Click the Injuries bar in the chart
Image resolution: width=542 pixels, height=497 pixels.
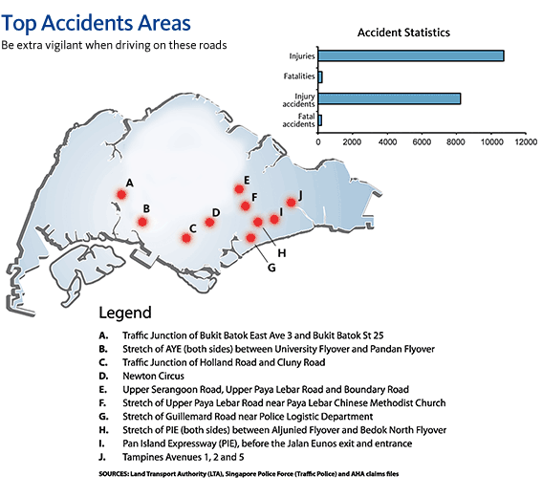click(x=411, y=56)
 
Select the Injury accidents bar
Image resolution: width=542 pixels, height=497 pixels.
click(x=389, y=98)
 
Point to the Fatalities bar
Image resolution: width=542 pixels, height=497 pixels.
click(x=320, y=77)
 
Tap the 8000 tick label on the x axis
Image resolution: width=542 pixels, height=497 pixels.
click(x=456, y=141)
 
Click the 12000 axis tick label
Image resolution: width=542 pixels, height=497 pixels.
click(x=526, y=141)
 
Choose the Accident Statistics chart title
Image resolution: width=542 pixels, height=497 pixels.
click(x=403, y=32)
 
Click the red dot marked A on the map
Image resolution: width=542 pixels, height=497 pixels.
click(x=121, y=195)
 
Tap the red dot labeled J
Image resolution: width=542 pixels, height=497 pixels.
click(x=291, y=203)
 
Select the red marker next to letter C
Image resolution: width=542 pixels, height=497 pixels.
click(x=186, y=238)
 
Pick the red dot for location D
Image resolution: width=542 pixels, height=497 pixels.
click(x=209, y=222)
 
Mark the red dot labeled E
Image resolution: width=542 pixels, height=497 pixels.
click(x=239, y=189)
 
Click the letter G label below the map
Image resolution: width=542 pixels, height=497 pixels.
click(x=271, y=268)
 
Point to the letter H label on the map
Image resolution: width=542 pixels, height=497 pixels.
click(x=282, y=253)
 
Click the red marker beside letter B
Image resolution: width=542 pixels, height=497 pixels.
click(x=142, y=222)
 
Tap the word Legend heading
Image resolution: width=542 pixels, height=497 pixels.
click(x=125, y=313)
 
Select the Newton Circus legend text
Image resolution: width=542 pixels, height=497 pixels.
click(x=154, y=376)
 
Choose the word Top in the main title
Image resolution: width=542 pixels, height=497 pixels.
click(x=19, y=24)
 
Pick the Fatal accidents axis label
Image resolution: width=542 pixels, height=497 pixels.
click(x=298, y=120)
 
